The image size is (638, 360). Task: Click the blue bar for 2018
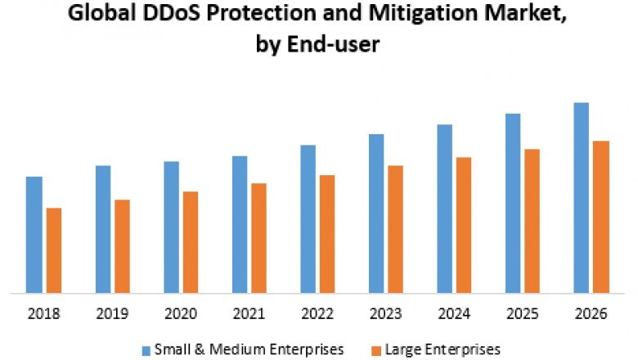34,234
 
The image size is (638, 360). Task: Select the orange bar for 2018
54,250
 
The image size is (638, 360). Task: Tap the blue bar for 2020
171,227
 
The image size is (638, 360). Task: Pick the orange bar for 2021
258,237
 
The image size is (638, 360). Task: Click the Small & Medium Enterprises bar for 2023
376,213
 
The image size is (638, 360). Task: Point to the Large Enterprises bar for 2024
464,224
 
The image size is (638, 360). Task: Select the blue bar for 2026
582,197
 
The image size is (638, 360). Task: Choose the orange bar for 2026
601,216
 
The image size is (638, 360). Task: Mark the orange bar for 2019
122,245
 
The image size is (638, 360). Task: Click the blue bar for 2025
513,202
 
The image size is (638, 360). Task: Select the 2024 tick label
454,313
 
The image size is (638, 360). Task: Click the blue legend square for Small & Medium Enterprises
145,350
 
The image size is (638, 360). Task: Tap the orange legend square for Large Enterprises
376,350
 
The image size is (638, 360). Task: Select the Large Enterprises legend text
443,350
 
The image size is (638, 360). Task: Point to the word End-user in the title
339,46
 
